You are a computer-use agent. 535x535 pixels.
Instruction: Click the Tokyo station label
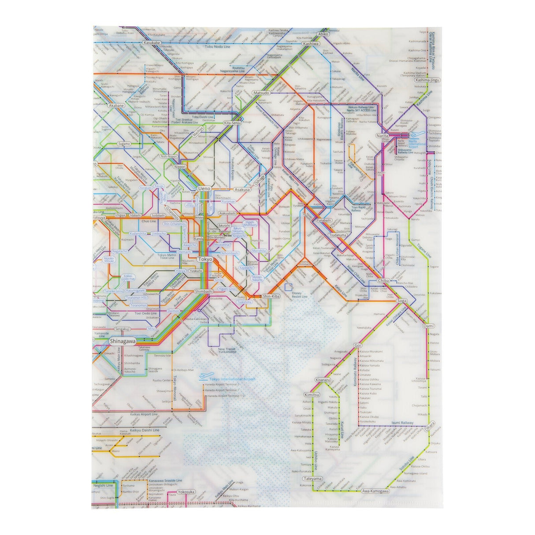(x=205, y=259)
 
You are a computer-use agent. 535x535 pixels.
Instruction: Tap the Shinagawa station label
(x=123, y=341)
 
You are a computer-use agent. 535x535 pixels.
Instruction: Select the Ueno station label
(x=205, y=188)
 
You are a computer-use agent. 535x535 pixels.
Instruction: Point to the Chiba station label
(x=383, y=281)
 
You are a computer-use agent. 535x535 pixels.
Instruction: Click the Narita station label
(x=382, y=136)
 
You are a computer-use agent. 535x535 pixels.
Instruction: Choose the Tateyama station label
(x=313, y=479)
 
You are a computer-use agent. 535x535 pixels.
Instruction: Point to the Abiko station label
(x=323, y=33)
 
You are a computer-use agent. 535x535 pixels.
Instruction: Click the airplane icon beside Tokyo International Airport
(x=203, y=376)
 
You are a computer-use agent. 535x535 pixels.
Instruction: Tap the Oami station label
(x=428, y=326)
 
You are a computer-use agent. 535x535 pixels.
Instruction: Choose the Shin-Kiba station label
(x=271, y=296)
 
